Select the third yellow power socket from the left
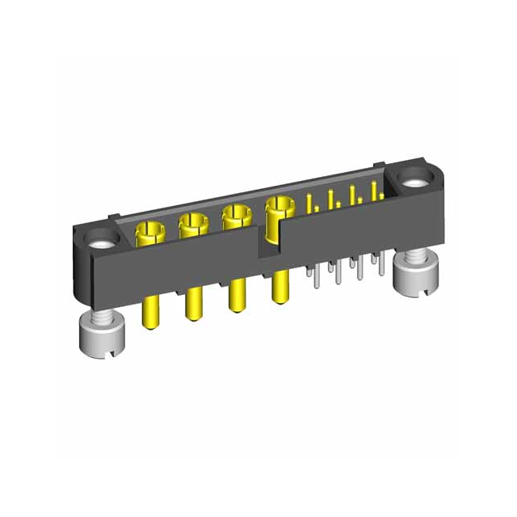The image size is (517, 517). pyautogui.click(x=234, y=216)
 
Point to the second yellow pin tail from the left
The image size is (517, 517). pyautogui.click(x=192, y=305)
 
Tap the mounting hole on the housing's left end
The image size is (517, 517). pyautogui.click(x=102, y=240)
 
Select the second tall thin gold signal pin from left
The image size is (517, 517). pyautogui.click(x=331, y=199)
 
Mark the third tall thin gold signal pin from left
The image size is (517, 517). pyautogui.click(x=352, y=195)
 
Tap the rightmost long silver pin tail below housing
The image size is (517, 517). pyautogui.click(x=377, y=271)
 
